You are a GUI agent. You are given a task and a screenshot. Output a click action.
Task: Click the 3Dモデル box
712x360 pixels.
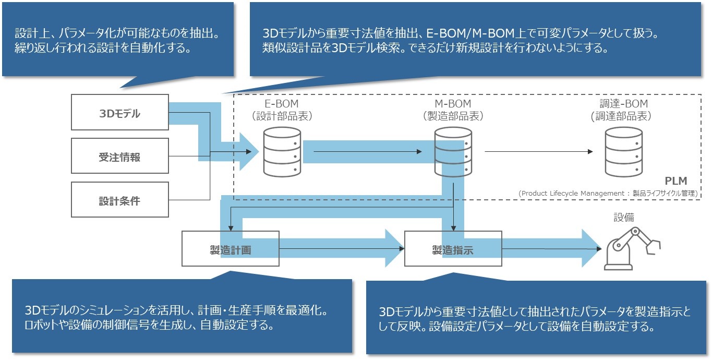point(119,112)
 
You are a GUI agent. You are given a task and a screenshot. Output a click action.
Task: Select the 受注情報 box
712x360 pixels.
point(119,156)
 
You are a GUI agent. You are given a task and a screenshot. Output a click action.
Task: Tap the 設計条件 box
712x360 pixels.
point(119,200)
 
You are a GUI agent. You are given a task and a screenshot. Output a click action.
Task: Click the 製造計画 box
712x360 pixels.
point(230,249)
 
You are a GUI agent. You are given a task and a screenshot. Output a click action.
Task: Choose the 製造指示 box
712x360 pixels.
point(453,249)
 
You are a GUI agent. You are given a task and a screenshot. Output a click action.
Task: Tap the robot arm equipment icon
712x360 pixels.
point(632,248)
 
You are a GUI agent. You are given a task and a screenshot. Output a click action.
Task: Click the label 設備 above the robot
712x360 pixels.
point(623,217)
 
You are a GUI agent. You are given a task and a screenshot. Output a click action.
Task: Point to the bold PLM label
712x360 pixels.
point(675,181)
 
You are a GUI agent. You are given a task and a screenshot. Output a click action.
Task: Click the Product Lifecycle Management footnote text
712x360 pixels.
point(608,193)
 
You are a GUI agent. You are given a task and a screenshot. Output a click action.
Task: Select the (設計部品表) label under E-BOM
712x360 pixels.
point(282,116)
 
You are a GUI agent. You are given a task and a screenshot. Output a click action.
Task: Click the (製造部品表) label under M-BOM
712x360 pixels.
point(453,116)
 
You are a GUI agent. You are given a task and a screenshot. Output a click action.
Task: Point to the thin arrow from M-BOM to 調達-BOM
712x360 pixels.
point(538,152)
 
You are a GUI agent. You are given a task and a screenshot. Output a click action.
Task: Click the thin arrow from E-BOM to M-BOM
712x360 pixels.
point(368,152)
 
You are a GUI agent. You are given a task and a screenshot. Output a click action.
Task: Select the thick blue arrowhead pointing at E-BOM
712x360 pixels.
point(249,151)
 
